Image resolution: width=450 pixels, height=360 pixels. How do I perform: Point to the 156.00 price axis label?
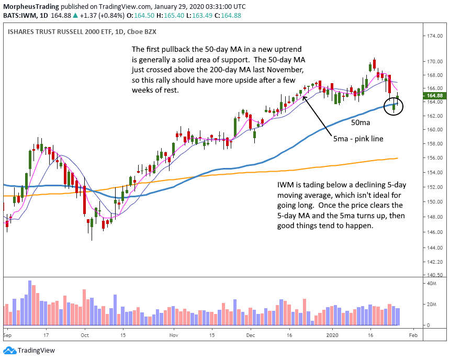coord(432,158)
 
